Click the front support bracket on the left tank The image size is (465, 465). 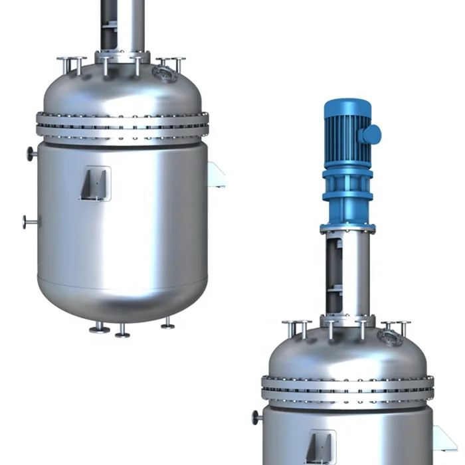coord(95,183)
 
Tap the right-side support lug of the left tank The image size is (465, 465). coord(215,175)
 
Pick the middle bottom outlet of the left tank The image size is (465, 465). coord(122,331)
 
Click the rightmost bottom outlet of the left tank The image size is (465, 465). coord(168,324)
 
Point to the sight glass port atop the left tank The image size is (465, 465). coord(161,71)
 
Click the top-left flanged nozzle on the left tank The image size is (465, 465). coord(71,64)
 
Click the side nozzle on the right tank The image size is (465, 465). coord(256,418)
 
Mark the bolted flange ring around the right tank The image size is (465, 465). coord(347,389)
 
